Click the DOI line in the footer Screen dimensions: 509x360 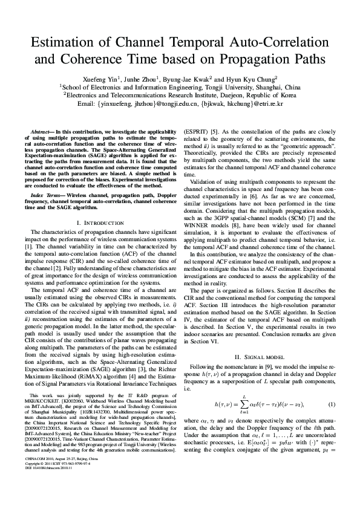(x=47, y=484)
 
